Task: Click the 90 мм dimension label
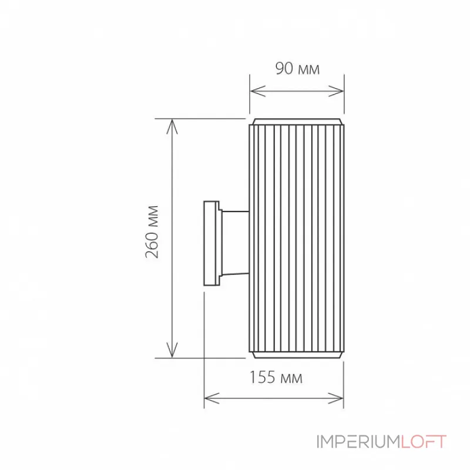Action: pos(297,69)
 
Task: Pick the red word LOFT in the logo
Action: pos(424,442)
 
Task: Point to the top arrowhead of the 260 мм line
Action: pos(172,125)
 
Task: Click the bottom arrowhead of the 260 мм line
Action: pos(172,351)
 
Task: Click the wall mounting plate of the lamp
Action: pos(210,244)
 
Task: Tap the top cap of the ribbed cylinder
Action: pos(297,121)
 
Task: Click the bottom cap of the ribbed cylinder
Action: pos(297,355)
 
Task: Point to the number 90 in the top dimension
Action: pos(284,69)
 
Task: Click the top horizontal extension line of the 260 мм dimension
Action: pos(200,119)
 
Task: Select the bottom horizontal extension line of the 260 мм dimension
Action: pos(200,357)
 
